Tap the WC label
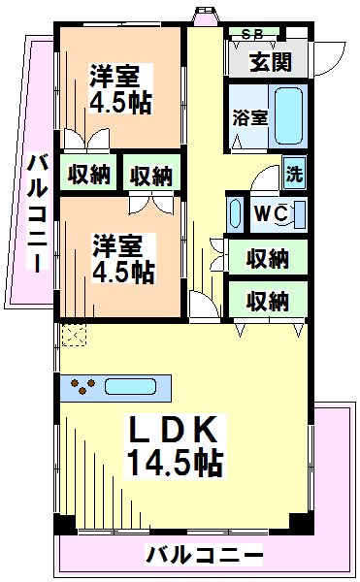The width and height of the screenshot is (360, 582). (x=269, y=212)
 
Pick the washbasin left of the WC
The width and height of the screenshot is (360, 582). (x=235, y=211)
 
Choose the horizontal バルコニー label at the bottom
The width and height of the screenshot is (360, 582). (x=205, y=556)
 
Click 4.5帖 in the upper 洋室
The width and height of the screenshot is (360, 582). (x=121, y=102)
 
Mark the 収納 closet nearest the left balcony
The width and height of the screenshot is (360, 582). (x=88, y=176)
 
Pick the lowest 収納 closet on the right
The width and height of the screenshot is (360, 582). (x=267, y=300)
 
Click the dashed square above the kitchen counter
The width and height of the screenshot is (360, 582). (x=73, y=335)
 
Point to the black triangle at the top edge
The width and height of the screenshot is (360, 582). (x=206, y=15)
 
